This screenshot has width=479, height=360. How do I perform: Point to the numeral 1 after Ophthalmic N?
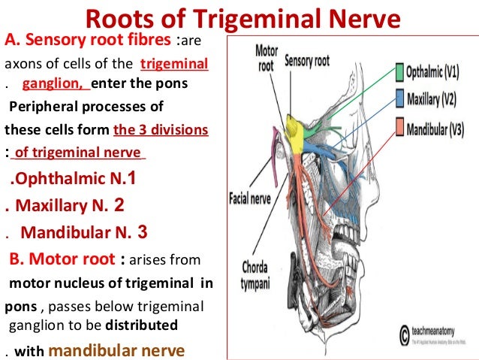[133, 178]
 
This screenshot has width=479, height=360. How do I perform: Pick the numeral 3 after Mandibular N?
[143, 231]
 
